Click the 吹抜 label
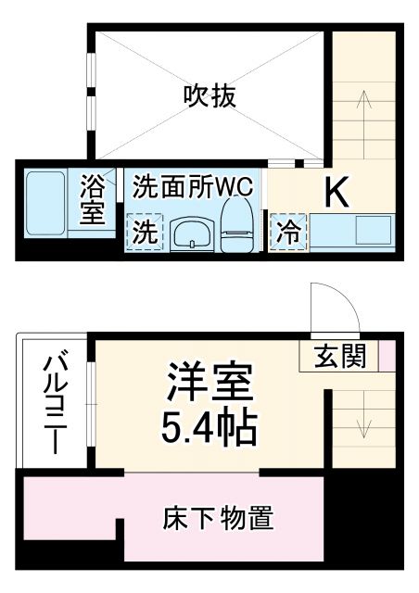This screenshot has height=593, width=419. pos(209,95)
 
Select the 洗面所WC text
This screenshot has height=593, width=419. pos(193,184)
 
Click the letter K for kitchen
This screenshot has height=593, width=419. pos(336,192)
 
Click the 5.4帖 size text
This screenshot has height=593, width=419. pos(209,425)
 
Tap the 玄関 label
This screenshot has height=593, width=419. pos(338,355)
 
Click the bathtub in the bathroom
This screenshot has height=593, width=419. pos(43,202)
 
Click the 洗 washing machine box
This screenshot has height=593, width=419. pos(145,233)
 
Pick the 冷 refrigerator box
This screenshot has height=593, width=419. pos(288,232)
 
